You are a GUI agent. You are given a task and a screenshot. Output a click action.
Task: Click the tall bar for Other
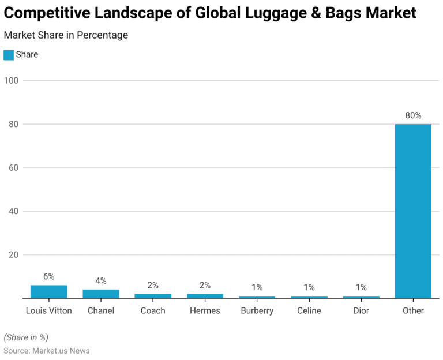(413, 211)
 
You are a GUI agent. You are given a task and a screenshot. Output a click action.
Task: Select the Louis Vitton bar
(49, 292)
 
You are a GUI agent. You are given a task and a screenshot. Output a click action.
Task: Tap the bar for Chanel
(101, 294)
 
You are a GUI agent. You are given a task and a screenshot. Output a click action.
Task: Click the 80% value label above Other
(413, 115)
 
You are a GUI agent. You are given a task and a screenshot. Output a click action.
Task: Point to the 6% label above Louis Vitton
(49, 276)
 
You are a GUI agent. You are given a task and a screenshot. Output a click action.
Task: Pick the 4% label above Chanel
(101, 281)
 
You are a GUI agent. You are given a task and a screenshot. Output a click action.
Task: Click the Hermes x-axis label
(205, 310)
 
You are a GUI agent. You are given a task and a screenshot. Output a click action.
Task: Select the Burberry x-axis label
(257, 310)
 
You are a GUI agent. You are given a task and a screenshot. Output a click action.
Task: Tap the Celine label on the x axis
(309, 310)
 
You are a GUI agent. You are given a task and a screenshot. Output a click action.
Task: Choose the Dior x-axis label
(361, 310)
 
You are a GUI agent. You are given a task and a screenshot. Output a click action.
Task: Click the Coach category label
(153, 310)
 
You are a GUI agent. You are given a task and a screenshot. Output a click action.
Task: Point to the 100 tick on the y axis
(12, 80)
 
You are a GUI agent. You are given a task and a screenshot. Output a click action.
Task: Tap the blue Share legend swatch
(9, 55)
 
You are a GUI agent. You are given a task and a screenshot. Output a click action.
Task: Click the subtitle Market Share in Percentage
(66, 35)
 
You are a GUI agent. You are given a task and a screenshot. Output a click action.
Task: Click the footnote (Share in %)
(26, 337)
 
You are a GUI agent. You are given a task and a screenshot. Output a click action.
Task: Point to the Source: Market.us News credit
(47, 351)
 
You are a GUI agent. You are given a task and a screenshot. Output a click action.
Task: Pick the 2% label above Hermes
(205, 285)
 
